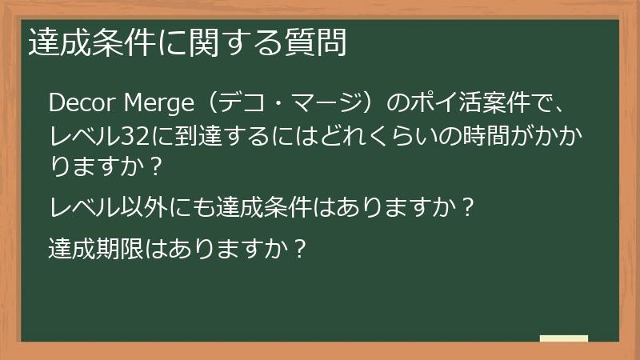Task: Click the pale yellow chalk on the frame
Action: point(564,339)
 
